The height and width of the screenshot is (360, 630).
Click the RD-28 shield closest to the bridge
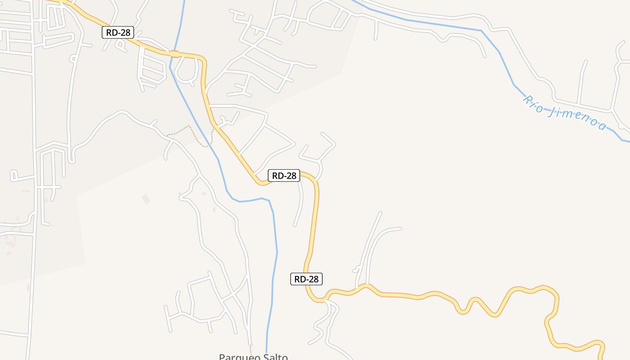point(118,32)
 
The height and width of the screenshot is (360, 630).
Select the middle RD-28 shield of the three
point(284,175)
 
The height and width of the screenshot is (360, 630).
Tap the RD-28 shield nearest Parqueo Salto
point(306,279)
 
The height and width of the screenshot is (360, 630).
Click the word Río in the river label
point(533,103)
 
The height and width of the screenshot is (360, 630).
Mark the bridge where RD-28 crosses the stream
point(175,54)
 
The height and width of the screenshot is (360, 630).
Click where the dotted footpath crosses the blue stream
point(208,145)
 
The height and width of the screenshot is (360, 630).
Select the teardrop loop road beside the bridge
point(186,72)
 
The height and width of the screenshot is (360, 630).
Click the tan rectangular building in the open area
point(146,198)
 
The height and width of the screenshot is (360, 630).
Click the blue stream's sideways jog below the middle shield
point(252,200)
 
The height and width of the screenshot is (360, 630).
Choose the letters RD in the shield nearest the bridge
point(112,32)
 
